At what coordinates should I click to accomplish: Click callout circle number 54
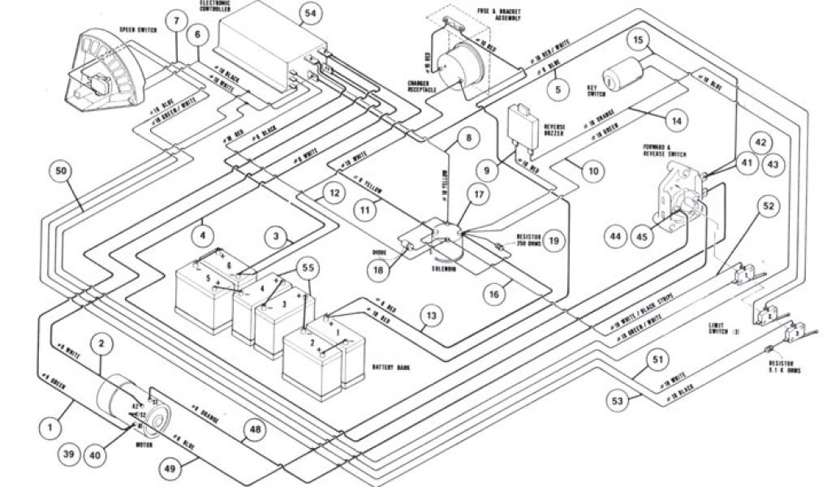point(308,14)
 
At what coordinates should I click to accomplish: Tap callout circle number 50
point(62,171)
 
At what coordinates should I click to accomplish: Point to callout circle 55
point(307,267)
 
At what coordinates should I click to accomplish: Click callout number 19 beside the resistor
point(553,241)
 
